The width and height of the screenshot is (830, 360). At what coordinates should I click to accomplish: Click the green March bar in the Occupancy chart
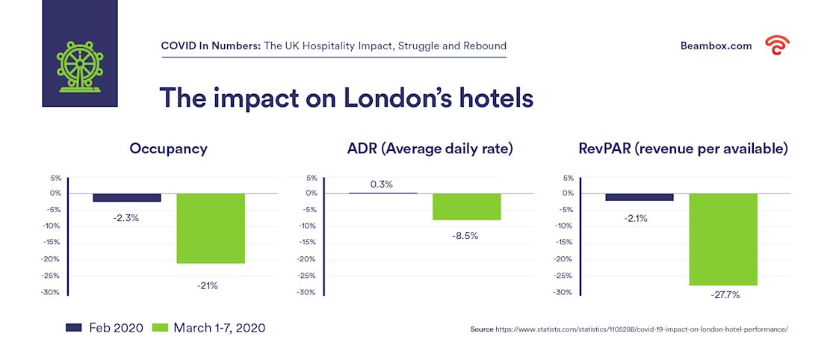pos(211,228)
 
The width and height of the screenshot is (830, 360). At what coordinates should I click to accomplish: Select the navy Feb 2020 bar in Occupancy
pos(127,197)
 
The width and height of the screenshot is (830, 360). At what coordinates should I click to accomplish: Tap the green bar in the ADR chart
pos(466,206)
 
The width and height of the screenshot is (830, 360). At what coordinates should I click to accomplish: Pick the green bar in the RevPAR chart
pos(722,239)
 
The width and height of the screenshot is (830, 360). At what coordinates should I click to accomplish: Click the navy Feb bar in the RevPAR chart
pos(639,196)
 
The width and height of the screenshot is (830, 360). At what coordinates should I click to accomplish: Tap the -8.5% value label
pos(465,235)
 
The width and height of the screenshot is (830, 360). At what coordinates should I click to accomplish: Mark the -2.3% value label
pos(127,218)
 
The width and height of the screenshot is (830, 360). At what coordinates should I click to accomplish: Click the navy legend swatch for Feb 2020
pos(74,327)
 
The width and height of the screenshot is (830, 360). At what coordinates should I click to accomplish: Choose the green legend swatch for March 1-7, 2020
pos(160,327)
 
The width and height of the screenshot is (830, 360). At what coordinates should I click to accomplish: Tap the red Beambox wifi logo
pos(777,46)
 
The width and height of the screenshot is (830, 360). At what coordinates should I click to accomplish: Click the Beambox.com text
pos(716,46)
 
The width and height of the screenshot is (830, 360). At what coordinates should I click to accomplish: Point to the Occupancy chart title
pos(169,149)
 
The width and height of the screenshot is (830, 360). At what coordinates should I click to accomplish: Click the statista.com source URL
pos(642,329)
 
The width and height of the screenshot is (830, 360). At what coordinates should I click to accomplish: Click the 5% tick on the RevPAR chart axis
pos(569,178)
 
